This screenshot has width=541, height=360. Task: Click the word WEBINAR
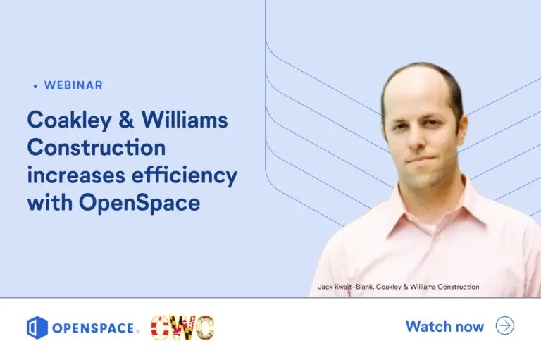click(73, 85)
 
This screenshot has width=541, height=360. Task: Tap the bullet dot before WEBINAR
click(35, 86)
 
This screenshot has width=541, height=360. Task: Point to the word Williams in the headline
click(185, 120)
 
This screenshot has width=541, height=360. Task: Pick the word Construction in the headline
click(96, 148)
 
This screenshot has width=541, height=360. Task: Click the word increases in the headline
click(77, 175)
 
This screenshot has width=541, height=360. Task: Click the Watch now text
click(444, 326)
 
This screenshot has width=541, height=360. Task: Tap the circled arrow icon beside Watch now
click(505, 325)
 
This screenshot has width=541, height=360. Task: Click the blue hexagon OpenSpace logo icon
click(37, 328)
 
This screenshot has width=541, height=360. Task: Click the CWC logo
click(182, 328)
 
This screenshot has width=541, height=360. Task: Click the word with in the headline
click(49, 203)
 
